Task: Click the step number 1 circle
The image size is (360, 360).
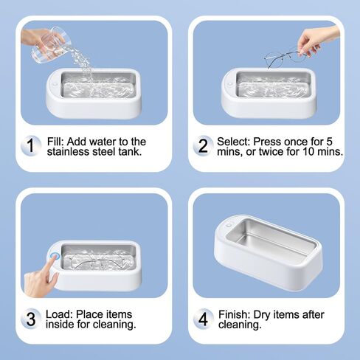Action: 30,145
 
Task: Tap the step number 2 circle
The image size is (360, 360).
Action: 202,145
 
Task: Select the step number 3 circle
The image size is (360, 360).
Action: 30,319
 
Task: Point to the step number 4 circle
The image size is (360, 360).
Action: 202,319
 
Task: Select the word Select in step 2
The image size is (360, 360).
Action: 235,141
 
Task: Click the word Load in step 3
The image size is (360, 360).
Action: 57,314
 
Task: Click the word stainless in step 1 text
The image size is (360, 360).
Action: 66,153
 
